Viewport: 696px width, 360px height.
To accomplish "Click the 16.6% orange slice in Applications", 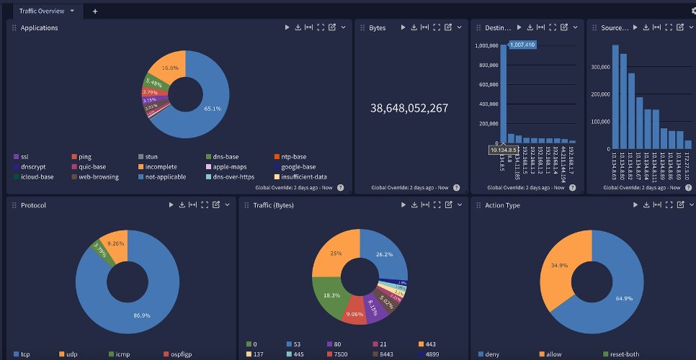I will (x=170, y=68).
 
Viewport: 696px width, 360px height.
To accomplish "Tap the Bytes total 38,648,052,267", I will (x=409, y=108).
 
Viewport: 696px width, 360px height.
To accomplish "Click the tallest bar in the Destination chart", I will (x=503, y=94).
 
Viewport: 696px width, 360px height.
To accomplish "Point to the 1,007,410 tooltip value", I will (x=522, y=45).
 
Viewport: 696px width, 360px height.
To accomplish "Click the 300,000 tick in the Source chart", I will (x=600, y=66).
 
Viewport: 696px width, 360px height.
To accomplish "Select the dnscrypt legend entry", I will (x=32, y=166).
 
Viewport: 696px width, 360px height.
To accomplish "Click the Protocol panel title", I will (x=33, y=205).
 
